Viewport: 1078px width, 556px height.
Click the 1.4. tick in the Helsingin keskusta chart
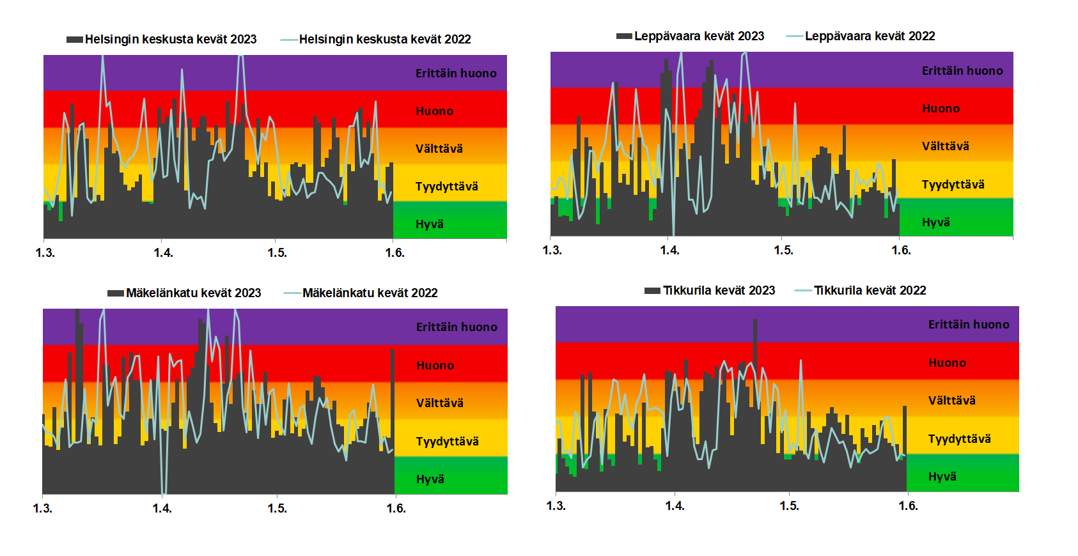[x=163, y=252]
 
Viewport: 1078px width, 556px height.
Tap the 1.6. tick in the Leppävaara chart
[x=901, y=250]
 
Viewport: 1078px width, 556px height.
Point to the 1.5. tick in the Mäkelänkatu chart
[x=277, y=508]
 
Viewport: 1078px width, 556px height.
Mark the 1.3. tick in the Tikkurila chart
[x=556, y=506]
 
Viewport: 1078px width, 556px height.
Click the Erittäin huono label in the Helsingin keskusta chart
[x=456, y=73]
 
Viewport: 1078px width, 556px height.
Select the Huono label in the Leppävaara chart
[x=941, y=108]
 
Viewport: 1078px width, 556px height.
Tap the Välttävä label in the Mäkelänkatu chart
[x=439, y=403]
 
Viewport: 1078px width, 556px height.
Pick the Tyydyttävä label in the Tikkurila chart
[x=959, y=438]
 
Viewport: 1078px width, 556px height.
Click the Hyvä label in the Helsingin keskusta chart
[x=429, y=224]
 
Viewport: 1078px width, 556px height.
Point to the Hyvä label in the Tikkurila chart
[x=942, y=476]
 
